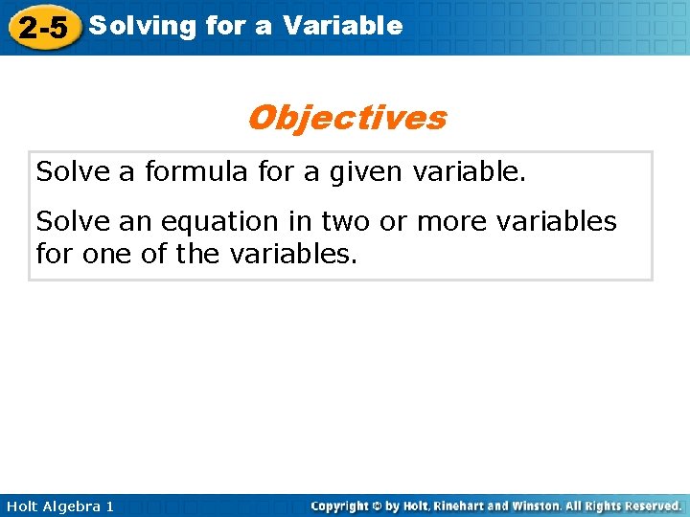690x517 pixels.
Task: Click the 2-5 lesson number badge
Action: click(x=43, y=28)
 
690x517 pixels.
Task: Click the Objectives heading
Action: click(x=346, y=118)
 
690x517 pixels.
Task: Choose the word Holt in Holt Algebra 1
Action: click(x=21, y=506)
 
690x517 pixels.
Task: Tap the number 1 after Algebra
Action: click(x=109, y=506)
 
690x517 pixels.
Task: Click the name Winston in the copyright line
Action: click(x=542, y=506)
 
